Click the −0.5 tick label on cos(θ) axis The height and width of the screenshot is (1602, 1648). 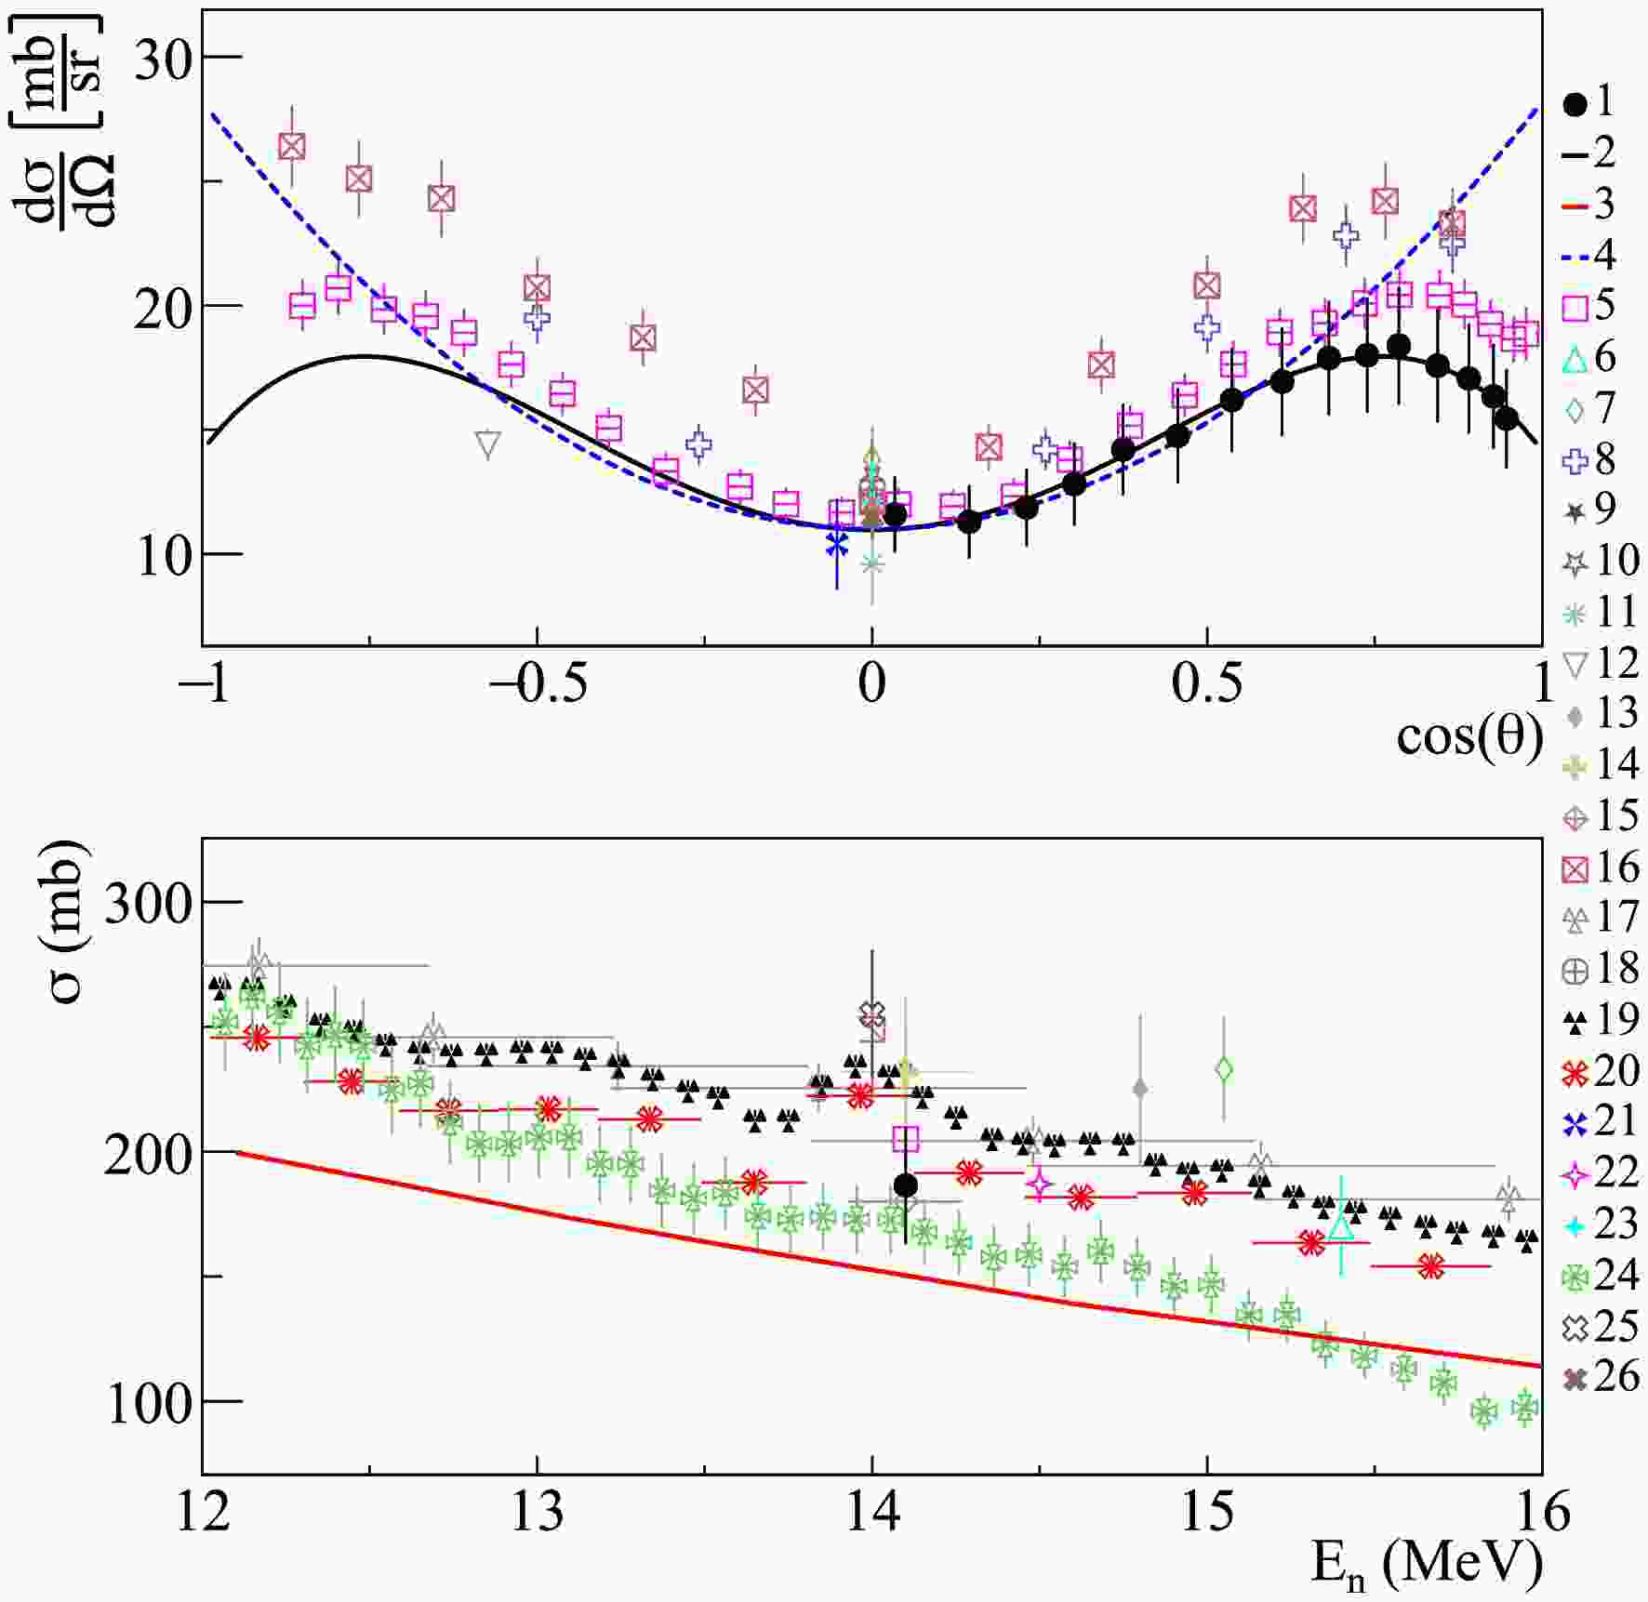pyautogui.click(x=538, y=684)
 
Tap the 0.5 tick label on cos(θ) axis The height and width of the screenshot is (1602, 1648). pyautogui.click(x=1206, y=684)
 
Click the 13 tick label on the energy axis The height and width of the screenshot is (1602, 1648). pyautogui.click(x=538, y=1512)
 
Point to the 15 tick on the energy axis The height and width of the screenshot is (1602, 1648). pyautogui.click(x=1207, y=1512)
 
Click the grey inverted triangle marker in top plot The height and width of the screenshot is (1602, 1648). pyautogui.click(x=487, y=445)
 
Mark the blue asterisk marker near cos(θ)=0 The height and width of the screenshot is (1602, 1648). pyautogui.click(x=837, y=544)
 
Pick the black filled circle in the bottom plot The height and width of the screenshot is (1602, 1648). pyautogui.click(x=905, y=1185)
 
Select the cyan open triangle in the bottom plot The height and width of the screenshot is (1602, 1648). pyautogui.click(x=1340, y=1226)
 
